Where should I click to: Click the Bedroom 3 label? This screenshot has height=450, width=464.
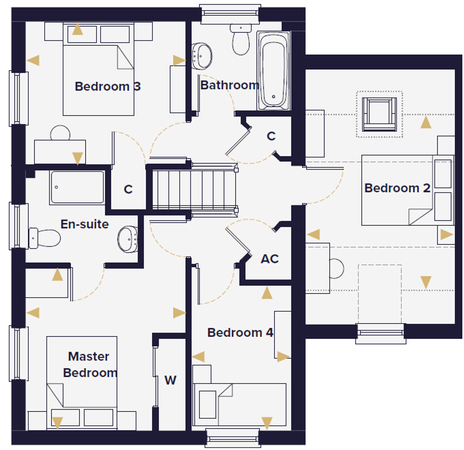tap(107, 86)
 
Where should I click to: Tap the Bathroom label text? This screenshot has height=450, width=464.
tap(230, 85)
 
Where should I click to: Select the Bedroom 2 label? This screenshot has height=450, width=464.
tap(397, 188)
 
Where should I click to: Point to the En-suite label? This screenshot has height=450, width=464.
tap(85, 224)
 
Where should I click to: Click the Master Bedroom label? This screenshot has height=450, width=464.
tap(90, 364)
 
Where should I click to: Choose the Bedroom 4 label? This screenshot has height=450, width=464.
tap(240, 333)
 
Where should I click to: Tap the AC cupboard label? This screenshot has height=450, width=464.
tap(270, 259)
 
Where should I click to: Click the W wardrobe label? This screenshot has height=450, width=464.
tap(171, 380)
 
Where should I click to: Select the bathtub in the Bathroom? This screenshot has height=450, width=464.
tap(273, 71)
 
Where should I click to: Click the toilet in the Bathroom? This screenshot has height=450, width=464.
tap(241, 39)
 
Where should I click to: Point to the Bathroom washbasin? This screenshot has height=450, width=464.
tap(202, 56)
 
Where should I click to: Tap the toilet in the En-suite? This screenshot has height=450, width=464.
tap(44, 238)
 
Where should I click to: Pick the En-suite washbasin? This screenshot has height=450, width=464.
tap(128, 239)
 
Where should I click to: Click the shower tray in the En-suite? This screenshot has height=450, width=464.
tap(77, 187)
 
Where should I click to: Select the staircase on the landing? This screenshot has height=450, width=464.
tap(194, 190)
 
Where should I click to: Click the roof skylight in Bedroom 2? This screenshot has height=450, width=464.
tap(379, 114)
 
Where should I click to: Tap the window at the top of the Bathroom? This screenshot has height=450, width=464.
tap(230, 14)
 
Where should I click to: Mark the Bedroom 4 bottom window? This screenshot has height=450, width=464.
tap(233, 438)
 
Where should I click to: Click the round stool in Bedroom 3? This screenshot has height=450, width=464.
tap(60, 133)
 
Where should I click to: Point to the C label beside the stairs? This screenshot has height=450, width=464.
tap(128, 190)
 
